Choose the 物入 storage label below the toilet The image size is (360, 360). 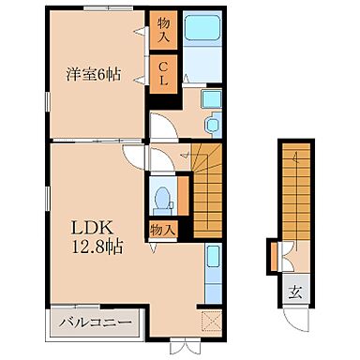click(162, 229)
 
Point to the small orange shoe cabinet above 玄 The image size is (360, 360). click(274, 256)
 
